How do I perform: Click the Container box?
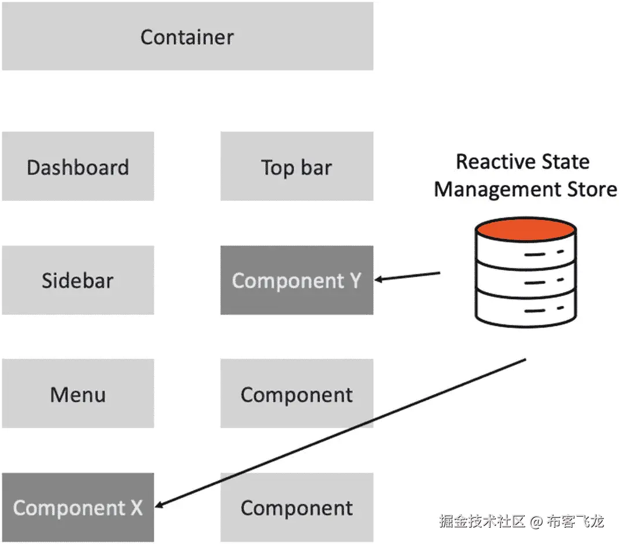(x=187, y=36)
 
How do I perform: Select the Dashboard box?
(x=78, y=167)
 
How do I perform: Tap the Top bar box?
(x=297, y=167)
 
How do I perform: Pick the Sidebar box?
(x=78, y=280)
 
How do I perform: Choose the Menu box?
(x=78, y=394)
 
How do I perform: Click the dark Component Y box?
(x=297, y=280)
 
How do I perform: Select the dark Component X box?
(x=78, y=508)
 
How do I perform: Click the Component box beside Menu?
(x=297, y=394)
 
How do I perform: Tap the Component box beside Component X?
(x=297, y=508)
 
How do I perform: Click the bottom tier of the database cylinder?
(x=525, y=310)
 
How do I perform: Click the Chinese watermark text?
(x=521, y=521)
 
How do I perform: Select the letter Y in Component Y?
(x=355, y=280)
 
